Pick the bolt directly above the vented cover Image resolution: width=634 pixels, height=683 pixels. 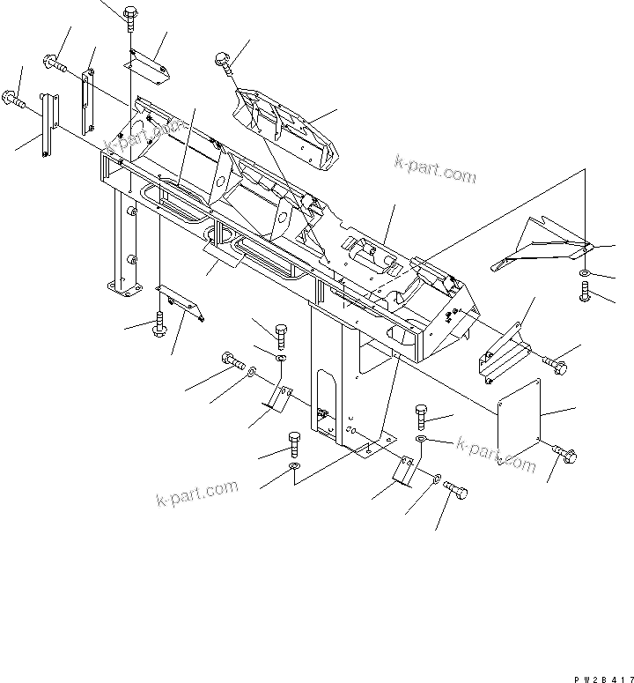[x=222, y=62]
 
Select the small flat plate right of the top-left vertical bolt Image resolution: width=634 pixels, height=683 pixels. [x=147, y=64]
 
